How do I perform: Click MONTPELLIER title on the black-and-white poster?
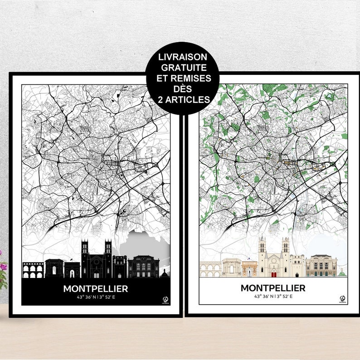[95, 288]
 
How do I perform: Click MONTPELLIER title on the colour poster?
[273, 288]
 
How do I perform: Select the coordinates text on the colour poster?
[273, 296]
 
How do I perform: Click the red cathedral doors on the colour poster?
[273, 273]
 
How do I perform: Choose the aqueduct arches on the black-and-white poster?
[33, 271]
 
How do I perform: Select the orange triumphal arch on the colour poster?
[249, 269]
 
